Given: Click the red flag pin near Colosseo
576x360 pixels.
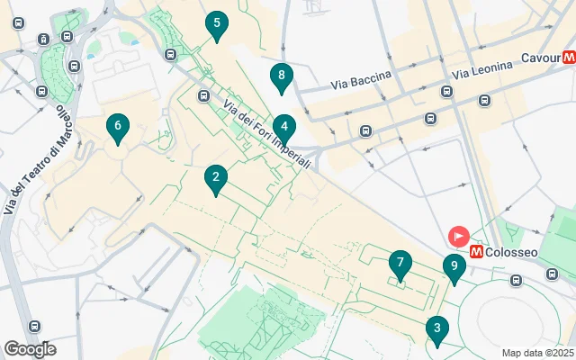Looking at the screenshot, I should pyautogui.click(x=459, y=238).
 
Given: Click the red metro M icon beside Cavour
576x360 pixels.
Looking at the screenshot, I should pyautogui.click(x=569, y=58).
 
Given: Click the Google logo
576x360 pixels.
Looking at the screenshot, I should pyautogui.click(x=30, y=349).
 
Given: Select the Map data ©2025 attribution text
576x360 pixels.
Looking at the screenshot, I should pyautogui.click(x=537, y=353).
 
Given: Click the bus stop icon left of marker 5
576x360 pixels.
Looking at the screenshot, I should pyautogui.click(x=170, y=54).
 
